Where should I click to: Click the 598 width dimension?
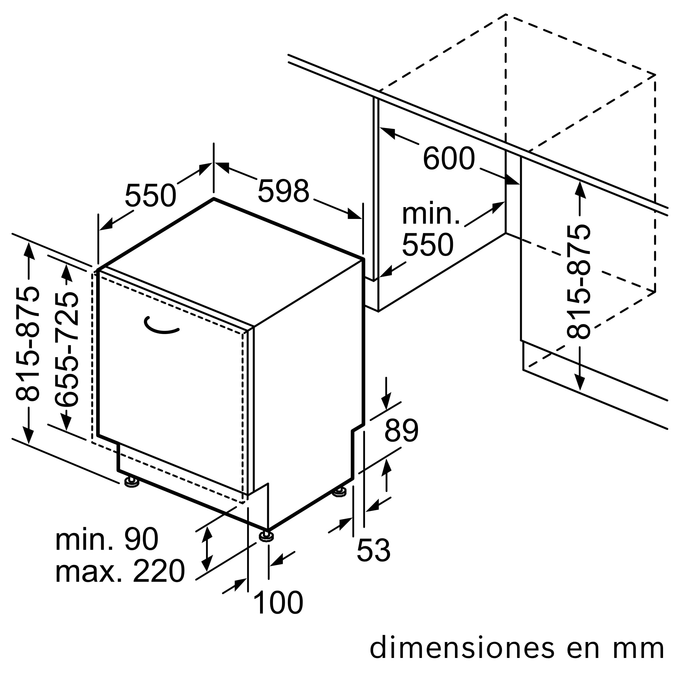click(283, 191)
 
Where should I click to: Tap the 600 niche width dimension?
click(449, 159)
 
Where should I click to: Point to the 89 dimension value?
click(401, 430)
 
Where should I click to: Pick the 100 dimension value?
click(278, 603)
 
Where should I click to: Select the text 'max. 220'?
click(120, 571)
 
